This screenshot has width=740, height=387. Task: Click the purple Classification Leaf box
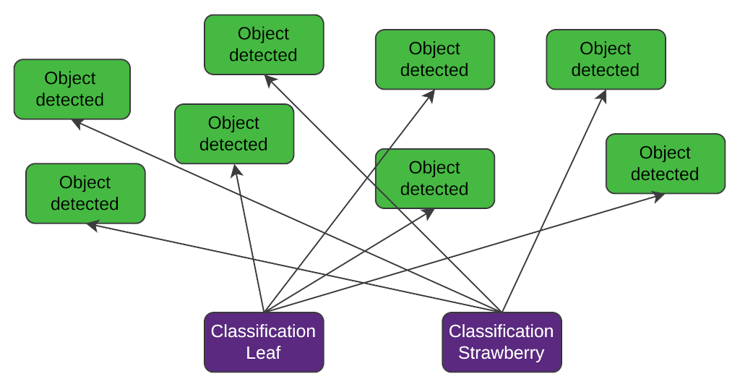(264, 342)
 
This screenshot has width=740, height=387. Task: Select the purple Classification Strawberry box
(502, 342)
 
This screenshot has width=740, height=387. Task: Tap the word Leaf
(263, 353)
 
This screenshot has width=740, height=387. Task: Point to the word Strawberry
(501, 353)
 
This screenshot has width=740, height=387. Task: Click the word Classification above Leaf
(263, 331)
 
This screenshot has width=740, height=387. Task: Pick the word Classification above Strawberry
(501, 331)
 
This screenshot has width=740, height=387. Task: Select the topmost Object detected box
(264, 45)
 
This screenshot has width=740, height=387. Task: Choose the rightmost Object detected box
(665, 163)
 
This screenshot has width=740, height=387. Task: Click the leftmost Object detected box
(72, 89)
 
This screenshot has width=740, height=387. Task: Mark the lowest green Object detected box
(85, 193)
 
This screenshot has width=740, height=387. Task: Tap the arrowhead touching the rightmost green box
(659, 195)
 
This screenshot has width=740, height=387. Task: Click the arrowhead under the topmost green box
(270, 80)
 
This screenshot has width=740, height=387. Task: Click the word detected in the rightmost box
(665, 174)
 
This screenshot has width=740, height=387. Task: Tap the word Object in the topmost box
(263, 34)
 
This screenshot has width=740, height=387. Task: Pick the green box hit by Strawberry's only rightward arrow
(606, 59)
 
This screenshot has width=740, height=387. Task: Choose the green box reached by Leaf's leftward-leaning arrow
(234, 134)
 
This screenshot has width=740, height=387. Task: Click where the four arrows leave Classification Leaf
(264, 312)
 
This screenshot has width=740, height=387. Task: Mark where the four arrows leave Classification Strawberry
(502, 312)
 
